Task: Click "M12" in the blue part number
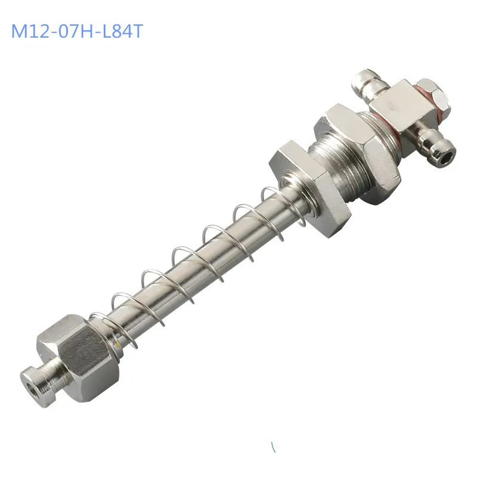30,32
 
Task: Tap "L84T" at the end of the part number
122,32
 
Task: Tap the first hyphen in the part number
53,33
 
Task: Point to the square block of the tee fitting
403,107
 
